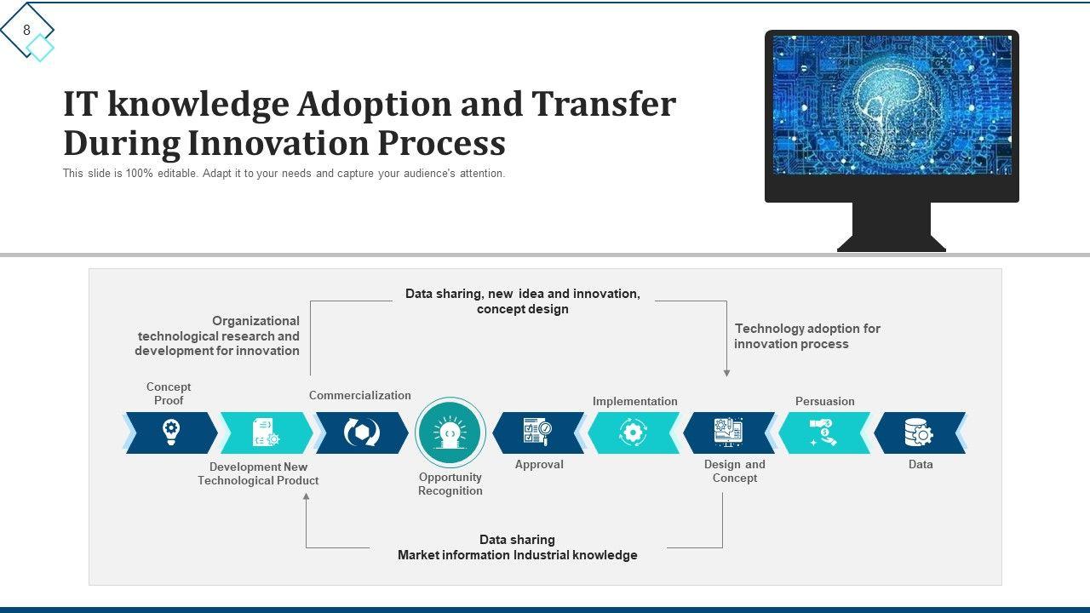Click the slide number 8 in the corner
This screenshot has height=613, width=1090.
click(26, 31)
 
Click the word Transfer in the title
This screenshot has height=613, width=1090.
click(604, 105)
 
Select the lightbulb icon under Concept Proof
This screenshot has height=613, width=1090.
click(171, 433)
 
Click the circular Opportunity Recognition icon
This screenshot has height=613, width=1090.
click(450, 433)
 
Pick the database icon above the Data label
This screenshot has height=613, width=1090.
click(919, 433)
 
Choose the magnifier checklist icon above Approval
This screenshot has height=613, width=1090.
click(537, 433)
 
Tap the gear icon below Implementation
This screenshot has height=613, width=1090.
click(633, 433)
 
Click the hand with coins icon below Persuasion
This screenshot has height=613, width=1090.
click(823, 433)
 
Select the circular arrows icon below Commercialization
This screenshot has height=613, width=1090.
click(361, 433)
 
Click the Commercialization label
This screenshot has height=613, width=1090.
click(359, 395)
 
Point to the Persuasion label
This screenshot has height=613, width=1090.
click(824, 401)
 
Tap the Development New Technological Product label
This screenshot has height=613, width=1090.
click(258, 473)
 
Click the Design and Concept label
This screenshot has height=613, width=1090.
click(734, 471)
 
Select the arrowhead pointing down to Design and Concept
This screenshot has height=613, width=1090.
click(726, 373)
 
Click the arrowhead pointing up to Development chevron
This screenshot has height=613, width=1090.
click(307, 496)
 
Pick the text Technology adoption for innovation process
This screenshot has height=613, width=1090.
click(806, 336)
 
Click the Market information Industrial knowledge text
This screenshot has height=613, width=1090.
click(517, 555)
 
